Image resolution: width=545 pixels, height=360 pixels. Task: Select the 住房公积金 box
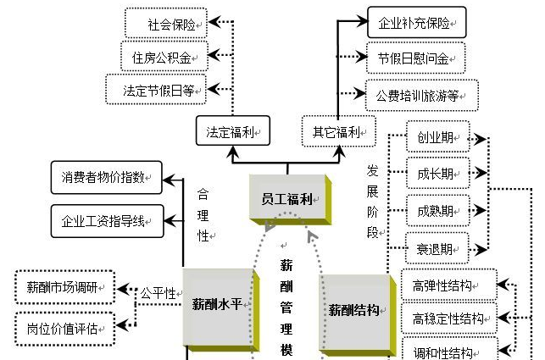point(162,57)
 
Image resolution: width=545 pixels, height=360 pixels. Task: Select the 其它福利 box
point(337,132)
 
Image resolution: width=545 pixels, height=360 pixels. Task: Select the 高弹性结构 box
point(447,285)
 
